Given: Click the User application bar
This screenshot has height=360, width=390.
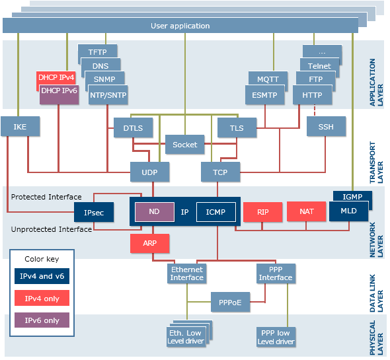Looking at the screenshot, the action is tap(180, 25).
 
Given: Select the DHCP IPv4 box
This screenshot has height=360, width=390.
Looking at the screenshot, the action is tap(56, 77).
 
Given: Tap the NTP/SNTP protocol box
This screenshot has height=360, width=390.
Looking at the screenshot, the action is tap(108, 95).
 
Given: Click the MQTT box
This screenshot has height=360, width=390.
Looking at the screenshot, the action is tap(268, 79).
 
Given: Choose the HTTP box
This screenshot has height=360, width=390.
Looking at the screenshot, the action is tap(313, 95).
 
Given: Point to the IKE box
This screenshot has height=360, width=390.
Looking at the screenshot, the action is tap(20, 126).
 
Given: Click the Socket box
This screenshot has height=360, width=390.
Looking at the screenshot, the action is tap(185, 145).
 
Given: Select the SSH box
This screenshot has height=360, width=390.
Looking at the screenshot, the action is tap(326, 126).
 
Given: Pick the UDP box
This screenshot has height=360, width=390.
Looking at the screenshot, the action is tap(150, 172).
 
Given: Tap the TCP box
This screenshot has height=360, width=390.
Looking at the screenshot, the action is tap(220, 172).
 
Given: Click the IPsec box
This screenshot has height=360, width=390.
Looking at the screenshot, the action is tap(94, 212).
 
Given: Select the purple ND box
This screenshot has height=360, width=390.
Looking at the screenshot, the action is tap(155, 212).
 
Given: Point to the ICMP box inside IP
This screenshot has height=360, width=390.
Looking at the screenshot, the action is tap(216, 212).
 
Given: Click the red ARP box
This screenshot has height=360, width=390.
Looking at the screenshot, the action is tap(150, 243).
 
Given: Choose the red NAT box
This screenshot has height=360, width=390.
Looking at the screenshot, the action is tap(307, 211).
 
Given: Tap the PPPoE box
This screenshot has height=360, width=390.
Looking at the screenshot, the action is tap(230, 302).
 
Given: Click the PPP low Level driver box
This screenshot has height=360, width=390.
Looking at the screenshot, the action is tap(276, 337).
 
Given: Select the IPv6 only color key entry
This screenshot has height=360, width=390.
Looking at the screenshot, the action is tap(42, 320).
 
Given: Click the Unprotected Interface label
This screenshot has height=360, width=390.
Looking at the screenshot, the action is tap(52, 229).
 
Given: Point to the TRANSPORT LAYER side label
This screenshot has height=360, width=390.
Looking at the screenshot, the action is tap(376, 162).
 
